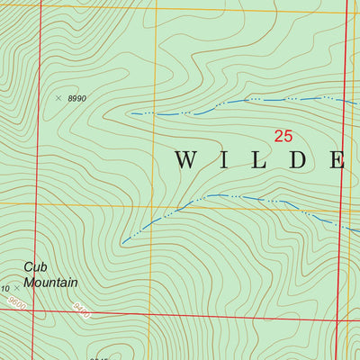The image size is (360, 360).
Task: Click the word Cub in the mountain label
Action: (x=35, y=266)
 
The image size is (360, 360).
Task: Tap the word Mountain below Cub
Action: (x=50, y=283)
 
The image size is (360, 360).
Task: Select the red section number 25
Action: (x=283, y=137)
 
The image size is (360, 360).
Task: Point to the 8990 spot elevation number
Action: (x=77, y=98)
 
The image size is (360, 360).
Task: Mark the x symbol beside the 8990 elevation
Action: (x=58, y=97)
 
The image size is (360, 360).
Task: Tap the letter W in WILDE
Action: (x=185, y=161)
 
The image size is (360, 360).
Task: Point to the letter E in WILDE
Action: (x=337, y=161)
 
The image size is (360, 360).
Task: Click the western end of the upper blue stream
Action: (x=132, y=113)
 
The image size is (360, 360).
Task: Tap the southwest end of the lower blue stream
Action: (x=122, y=242)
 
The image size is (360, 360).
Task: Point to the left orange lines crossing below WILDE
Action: (x=150, y=205)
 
